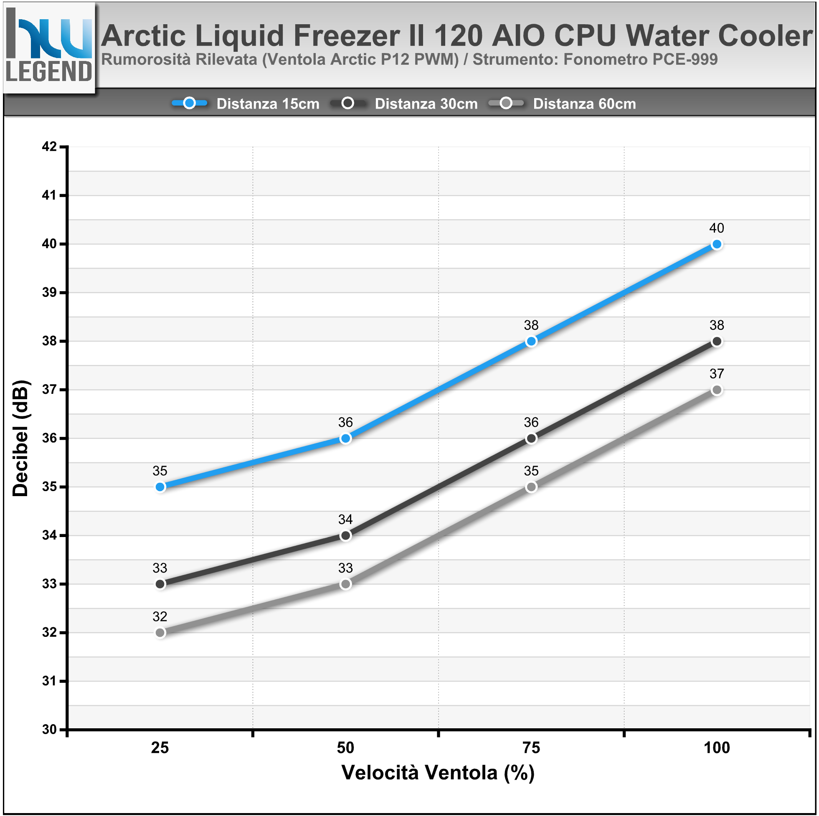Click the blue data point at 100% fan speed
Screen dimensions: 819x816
(x=716, y=244)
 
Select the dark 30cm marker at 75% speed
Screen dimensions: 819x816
(x=531, y=438)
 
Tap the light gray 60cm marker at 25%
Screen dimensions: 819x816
(x=160, y=632)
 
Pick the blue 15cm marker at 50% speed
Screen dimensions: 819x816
(x=345, y=438)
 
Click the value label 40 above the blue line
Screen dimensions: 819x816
(x=716, y=228)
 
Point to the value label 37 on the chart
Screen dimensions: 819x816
(x=716, y=374)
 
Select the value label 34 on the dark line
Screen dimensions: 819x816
(x=345, y=519)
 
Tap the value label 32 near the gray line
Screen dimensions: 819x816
(x=160, y=616)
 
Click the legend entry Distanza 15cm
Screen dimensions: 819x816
(x=267, y=104)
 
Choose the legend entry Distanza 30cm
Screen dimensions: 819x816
(x=426, y=104)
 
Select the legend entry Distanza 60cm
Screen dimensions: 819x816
(x=584, y=104)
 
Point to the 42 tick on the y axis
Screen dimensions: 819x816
(x=49, y=147)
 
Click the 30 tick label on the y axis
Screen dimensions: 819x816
(x=49, y=729)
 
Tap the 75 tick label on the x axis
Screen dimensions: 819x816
(x=531, y=748)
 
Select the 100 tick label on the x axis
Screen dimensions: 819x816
(x=716, y=748)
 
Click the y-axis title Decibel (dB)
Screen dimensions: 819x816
(x=20, y=438)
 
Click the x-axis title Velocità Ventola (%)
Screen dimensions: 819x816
(x=438, y=772)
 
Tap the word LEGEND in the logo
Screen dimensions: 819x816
(x=49, y=71)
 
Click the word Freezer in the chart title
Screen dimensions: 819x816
(x=346, y=35)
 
